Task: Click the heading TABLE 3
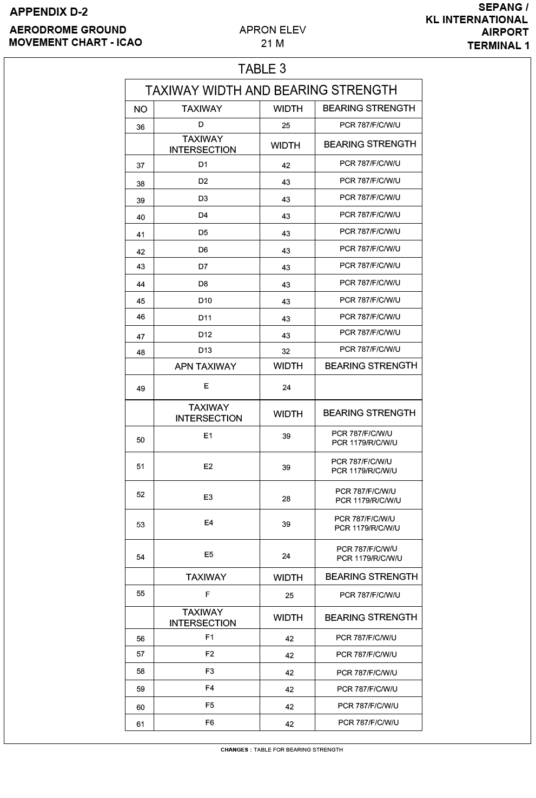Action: pyautogui.click(x=262, y=69)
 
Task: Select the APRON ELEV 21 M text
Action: pyautogui.click(x=272, y=37)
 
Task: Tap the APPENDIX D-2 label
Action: pyautogui.click(x=49, y=12)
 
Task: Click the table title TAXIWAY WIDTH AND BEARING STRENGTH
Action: pyautogui.click(x=271, y=90)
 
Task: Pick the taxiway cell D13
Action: pyautogui.click(x=205, y=350)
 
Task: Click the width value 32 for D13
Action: pyautogui.click(x=286, y=351)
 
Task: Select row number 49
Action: pyautogui.click(x=141, y=388)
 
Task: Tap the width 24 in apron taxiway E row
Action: pyautogui.click(x=287, y=387)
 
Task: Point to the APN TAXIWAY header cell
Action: pyautogui.click(x=206, y=366)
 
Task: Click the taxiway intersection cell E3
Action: pyautogui.click(x=208, y=497)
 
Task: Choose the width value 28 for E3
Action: pyautogui.click(x=286, y=499)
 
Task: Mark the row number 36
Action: pyautogui.click(x=141, y=127)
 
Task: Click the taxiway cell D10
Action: pyautogui.click(x=205, y=300)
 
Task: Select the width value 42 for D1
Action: pyautogui.click(x=286, y=165)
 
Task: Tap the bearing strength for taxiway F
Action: pyautogui.click(x=370, y=595)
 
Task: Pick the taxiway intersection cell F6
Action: pyautogui.click(x=209, y=722)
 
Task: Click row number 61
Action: pyautogui.click(x=141, y=724)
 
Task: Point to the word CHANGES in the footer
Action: pyautogui.click(x=234, y=749)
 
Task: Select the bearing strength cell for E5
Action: pyautogui.click(x=369, y=554)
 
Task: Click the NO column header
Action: pyautogui.click(x=141, y=109)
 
